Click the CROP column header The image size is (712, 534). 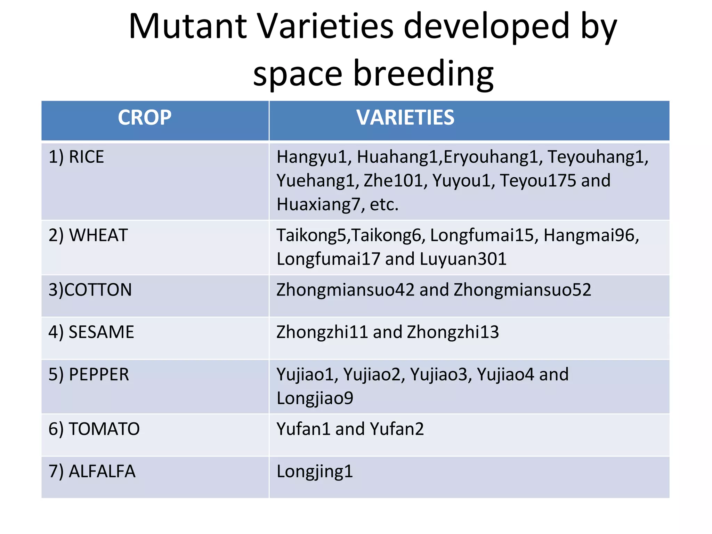(x=145, y=118)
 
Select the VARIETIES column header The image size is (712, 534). (x=405, y=118)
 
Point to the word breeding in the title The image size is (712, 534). (x=423, y=74)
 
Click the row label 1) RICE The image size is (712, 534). (x=76, y=157)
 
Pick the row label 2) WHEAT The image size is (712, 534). (x=88, y=235)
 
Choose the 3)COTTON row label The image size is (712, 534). (x=90, y=290)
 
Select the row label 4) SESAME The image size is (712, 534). (x=91, y=332)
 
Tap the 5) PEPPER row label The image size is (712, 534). (x=89, y=375)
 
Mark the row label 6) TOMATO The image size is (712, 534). (x=94, y=429)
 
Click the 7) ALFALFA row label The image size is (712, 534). (x=92, y=471)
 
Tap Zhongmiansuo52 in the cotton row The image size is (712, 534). (x=522, y=290)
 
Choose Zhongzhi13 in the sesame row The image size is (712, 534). (x=453, y=332)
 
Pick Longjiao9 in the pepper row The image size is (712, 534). (x=315, y=398)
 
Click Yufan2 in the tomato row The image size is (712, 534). (x=397, y=429)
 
